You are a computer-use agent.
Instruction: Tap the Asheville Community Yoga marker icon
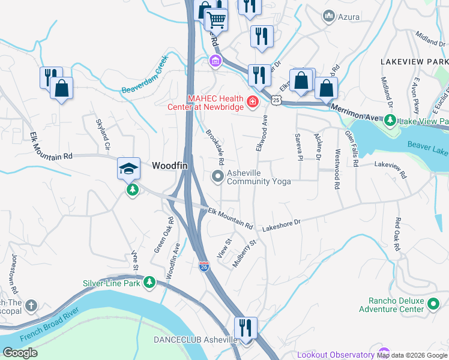(x=217, y=176)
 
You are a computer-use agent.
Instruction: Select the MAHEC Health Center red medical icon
(x=253, y=103)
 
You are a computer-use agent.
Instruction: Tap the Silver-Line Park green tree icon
(x=149, y=282)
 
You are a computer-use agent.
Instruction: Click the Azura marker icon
(x=328, y=16)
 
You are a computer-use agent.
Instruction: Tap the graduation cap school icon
(x=129, y=169)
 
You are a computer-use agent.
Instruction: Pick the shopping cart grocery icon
(x=216, y=20)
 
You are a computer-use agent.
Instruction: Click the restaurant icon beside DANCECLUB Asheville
(x=246, y=328)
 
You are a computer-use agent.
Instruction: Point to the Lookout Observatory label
(x=336, y=355)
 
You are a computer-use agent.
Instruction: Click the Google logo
(x=20, y=353)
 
